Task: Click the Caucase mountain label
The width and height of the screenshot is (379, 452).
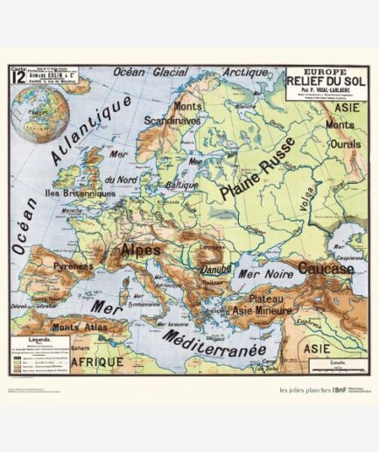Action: point(326,268)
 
